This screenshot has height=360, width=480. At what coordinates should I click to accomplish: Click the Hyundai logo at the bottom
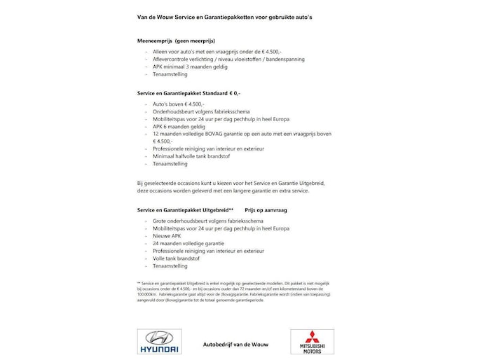coord(158,341)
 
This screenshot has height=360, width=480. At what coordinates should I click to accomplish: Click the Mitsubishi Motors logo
coord(312,341)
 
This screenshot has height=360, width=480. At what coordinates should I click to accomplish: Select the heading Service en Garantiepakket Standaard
coord(184,92)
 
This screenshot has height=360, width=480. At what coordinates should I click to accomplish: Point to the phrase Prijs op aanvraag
coord(267,209)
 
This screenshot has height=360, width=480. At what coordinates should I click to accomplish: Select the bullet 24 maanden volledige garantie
coord(186,243)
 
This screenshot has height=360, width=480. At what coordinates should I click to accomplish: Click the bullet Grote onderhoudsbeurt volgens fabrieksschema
coord(206,220)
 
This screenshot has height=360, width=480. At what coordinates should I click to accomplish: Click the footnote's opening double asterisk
coord(139,282)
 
